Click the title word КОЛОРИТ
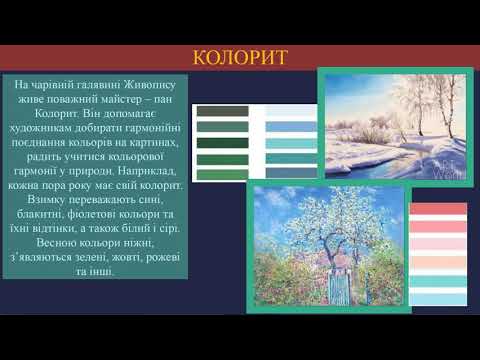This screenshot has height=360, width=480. [x=240, y=53]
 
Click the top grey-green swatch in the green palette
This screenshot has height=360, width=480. [x=222, y=110]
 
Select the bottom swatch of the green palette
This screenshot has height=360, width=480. [x=222, y=175]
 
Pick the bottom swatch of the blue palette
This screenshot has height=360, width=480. [x=287, y=175]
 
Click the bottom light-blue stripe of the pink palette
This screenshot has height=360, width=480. [x=439, y=300]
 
